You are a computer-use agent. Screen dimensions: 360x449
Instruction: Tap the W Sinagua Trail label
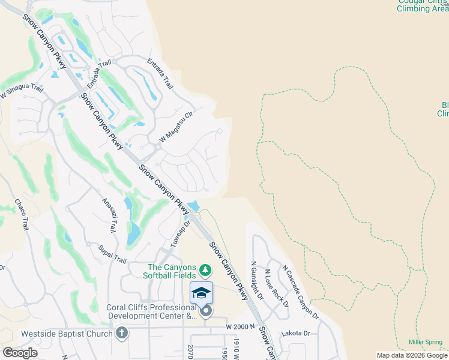tap(22, 92)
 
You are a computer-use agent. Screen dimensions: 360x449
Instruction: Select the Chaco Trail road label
tap(22, 215)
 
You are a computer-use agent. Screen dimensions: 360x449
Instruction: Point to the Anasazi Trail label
tap(109, 215)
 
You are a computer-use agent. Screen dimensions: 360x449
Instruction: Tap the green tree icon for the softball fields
tap(205, 270)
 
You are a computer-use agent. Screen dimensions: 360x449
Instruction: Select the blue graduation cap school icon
tap(201, 292)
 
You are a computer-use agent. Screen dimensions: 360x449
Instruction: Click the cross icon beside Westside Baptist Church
tap(122, 334)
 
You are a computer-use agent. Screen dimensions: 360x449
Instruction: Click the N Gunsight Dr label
tap(256, 281)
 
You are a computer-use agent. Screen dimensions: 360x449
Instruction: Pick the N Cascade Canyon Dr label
tap(301, 292)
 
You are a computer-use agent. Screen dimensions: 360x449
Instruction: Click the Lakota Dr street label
tap(298, 333)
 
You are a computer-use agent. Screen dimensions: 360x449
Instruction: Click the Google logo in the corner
tap(20, 353)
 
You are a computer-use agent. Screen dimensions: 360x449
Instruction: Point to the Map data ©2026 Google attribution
tap(412, 355)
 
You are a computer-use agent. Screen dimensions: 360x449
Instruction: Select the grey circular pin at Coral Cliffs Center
tap(206, 310)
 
